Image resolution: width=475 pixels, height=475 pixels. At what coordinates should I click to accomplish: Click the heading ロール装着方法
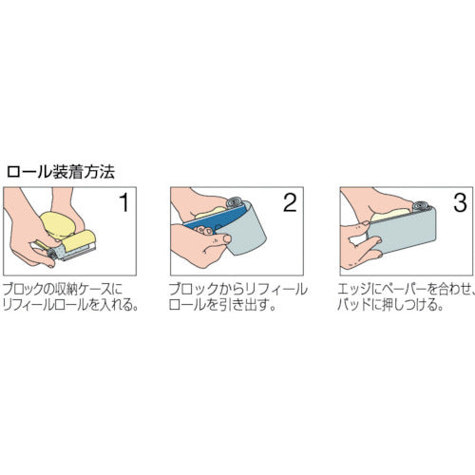click(x=60, y=172)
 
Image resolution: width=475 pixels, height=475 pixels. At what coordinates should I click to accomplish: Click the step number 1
click(x=124, y=202)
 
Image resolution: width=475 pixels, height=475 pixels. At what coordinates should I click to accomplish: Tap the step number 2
click(x=290, y=202)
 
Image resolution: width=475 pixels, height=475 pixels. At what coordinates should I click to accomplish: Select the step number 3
click(x=460, y=202)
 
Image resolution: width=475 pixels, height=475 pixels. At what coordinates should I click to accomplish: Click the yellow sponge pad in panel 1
click(x=59, y=224)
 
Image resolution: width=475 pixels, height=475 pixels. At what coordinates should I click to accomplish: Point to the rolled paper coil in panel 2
click(x=235, y=202)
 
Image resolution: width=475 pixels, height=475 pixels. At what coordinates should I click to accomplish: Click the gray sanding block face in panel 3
click(x=402, y=230)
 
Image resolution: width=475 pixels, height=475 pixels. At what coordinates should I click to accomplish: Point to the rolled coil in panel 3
click(x=422, y=206)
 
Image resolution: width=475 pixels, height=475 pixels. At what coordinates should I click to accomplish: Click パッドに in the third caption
click(x=359, y=305)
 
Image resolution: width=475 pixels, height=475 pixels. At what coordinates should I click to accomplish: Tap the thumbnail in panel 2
click(x=227, y=238)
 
